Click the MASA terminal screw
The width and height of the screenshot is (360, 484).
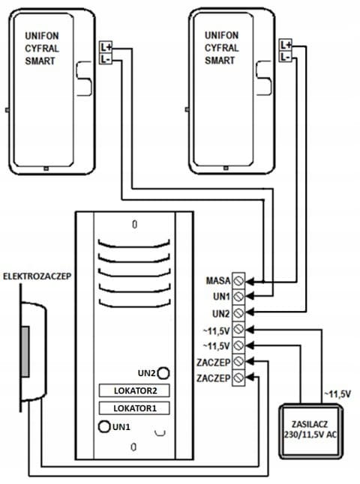[238, 280]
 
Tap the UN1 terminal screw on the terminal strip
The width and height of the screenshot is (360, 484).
[238, 297]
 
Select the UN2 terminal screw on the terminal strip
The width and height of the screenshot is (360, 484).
[238, 313]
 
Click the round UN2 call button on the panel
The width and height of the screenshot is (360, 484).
[163, 373]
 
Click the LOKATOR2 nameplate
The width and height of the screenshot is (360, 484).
[134, 390]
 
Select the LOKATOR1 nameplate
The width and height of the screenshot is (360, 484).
[134, 408]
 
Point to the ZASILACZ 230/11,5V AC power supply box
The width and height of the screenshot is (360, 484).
[310, 431]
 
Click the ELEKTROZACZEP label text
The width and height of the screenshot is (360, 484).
[37, 276]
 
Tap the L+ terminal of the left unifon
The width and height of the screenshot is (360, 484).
[106, 47]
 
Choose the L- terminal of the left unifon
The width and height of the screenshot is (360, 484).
[106, 58]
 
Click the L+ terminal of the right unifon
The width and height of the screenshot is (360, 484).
[285, 46]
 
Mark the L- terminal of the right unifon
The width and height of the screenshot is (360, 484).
[285, 57]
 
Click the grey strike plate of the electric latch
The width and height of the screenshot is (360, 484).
[25, 351]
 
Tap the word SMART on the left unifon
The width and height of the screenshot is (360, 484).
[40, 61]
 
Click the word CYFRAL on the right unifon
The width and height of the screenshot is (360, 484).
[221, 48]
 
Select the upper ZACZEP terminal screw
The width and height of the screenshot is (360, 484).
[238, 361]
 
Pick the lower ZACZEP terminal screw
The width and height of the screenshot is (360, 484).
[238, 378]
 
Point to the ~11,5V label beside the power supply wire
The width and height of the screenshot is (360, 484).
[337, 394]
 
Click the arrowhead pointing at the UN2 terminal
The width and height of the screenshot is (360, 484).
[250, 312]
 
